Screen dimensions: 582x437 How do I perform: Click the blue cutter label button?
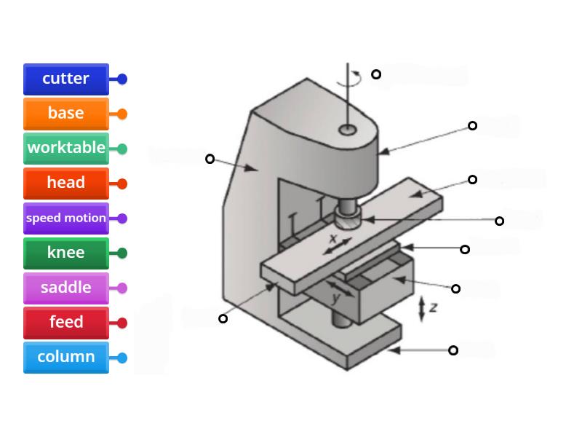[x=66, y=79]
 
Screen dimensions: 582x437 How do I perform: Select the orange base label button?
[x=66, y=114]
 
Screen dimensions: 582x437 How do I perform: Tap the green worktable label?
[x=66, y=149]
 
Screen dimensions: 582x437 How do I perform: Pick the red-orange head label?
[x=66, y=184]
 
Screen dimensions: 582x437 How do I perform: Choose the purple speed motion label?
[x=66, y=219]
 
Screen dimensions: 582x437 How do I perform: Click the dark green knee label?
[x=66, y=253]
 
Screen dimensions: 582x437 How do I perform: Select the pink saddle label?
[x=66, y=288]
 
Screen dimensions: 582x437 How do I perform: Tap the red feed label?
[x=66, y=323]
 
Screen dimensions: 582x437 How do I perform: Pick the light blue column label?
[x=66, y=358]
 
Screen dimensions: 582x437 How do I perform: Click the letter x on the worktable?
[x=333, y=238]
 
